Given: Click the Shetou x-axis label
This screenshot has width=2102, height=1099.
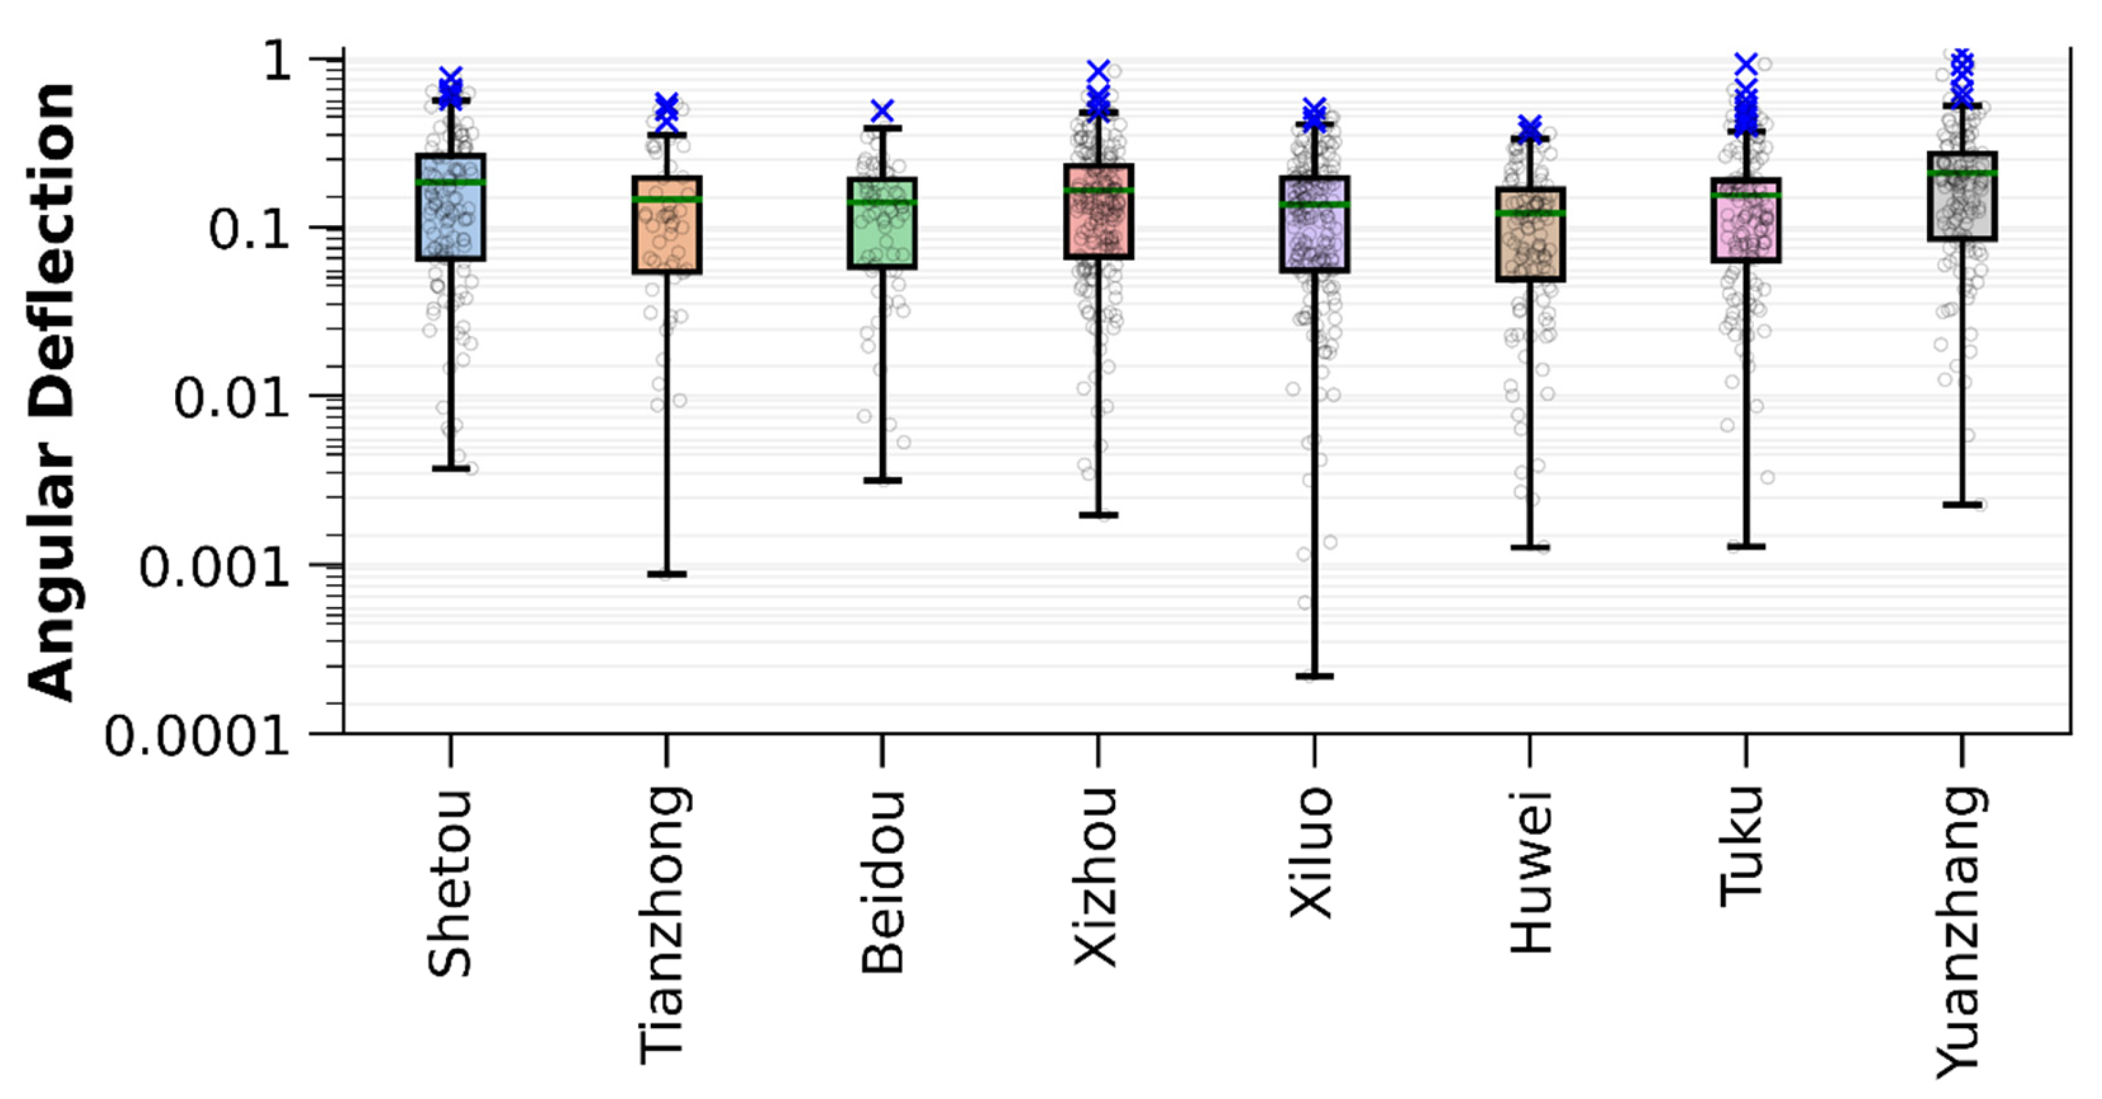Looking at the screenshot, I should click(x=449, y=883).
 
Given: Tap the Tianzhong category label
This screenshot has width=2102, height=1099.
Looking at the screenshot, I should click(x=662, y=925).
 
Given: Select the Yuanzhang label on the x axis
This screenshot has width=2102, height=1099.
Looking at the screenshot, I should click(x=1959, y=933).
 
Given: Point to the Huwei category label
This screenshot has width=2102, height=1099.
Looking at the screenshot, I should click(x=1531, y=871).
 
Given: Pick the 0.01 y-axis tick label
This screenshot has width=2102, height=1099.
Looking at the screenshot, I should click(x=232, y=399).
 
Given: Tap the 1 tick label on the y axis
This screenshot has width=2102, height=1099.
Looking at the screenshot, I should click(x=277, y=62).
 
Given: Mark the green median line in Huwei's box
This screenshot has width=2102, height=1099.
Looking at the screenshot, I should click(x=1530, y=213).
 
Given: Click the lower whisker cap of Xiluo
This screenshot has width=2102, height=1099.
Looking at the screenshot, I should click(x=1315, y=676).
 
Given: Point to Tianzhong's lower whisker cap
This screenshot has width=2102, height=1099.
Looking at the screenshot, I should click(x=666, y=575).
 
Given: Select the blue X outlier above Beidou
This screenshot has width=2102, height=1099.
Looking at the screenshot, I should click(x=882, y=110).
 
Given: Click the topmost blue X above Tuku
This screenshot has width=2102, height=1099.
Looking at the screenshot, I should click(x=1745, y=64).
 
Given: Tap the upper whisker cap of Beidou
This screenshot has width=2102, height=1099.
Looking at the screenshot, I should click(x=882, y=128).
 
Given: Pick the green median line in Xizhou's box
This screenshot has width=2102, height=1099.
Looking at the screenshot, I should click(x=1098, y=191).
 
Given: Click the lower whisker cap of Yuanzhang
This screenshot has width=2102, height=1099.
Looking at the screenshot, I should click(x=1961, y=505).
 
